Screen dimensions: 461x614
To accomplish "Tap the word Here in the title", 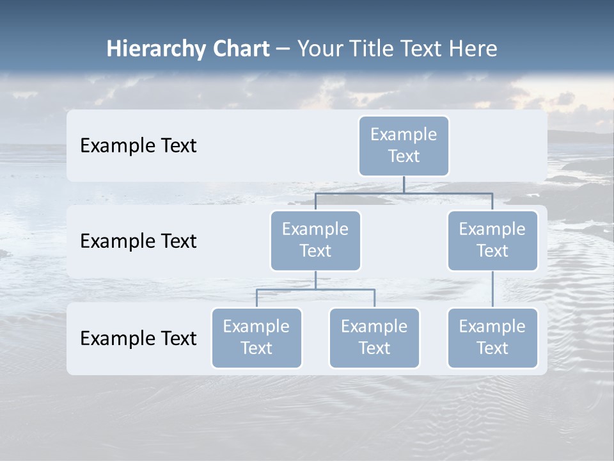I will coord(473,49).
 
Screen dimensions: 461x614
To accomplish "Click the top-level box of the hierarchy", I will coord(404,146).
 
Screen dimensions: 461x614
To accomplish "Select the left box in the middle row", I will coord(315,241).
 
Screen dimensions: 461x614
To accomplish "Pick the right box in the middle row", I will coord(492,241).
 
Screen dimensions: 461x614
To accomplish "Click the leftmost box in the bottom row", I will coord(256,338).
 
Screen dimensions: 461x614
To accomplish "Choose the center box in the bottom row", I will coord(374,338).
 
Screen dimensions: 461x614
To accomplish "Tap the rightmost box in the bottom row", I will coord(492,338).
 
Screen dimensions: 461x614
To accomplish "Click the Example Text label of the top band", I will coord(138,146).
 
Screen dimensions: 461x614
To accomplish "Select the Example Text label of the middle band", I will coord(138,241).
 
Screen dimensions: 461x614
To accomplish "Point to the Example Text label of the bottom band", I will coord(138,339).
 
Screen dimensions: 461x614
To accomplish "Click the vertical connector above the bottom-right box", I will coord(492,289).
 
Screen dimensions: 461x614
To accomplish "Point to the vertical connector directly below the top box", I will coord(404,184).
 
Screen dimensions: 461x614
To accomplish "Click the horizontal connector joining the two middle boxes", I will coord(404,193).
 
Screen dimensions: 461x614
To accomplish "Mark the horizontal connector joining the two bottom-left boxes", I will coord(315,289).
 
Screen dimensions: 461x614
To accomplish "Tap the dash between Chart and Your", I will coord(283,49).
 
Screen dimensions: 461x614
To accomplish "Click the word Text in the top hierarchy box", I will coord(404,156).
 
